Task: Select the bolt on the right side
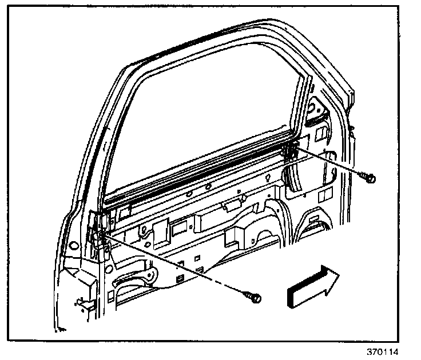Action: pyautogui.click(x=369, y=178)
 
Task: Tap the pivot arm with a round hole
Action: pyautogui.click(x=150, y=274)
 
